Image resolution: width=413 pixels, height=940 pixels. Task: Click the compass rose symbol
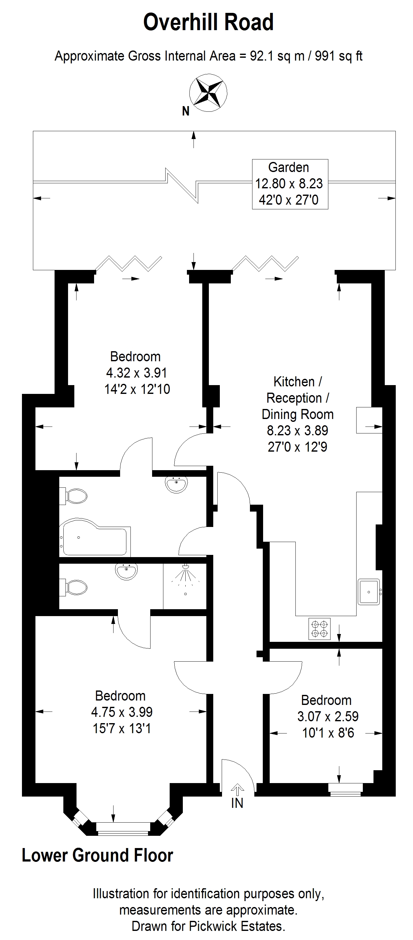(x=208, y=92)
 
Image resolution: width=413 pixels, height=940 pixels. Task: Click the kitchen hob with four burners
(x=320, y=629)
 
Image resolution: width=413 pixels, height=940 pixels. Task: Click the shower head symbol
(x=186, y=576)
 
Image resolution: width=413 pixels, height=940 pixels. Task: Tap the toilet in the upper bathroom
(x=74, y=496)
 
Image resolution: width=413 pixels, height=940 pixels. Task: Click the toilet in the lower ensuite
(x=74, y=588)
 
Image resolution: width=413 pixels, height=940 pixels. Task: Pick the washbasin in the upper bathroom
(x=177, y=484)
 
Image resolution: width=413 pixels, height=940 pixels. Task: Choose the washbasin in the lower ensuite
(x=126, y=571)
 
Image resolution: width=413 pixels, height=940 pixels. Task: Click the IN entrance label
(x=237, y=803)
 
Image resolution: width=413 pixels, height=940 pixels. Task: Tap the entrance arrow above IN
(x=237, y=789)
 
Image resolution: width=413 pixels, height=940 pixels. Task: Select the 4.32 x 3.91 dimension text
(x=137, y=373)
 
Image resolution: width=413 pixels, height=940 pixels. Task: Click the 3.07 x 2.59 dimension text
(x=328, y=716)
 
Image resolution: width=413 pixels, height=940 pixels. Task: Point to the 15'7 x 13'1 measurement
(x=122, y=728)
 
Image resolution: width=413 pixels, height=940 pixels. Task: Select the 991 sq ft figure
(x=339, y=56)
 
